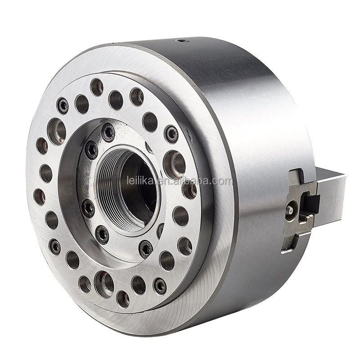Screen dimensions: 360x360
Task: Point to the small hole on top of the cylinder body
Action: [182, 41]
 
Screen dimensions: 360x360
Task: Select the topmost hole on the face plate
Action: [97, 87]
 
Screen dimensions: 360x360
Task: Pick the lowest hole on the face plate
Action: [123, 299]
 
